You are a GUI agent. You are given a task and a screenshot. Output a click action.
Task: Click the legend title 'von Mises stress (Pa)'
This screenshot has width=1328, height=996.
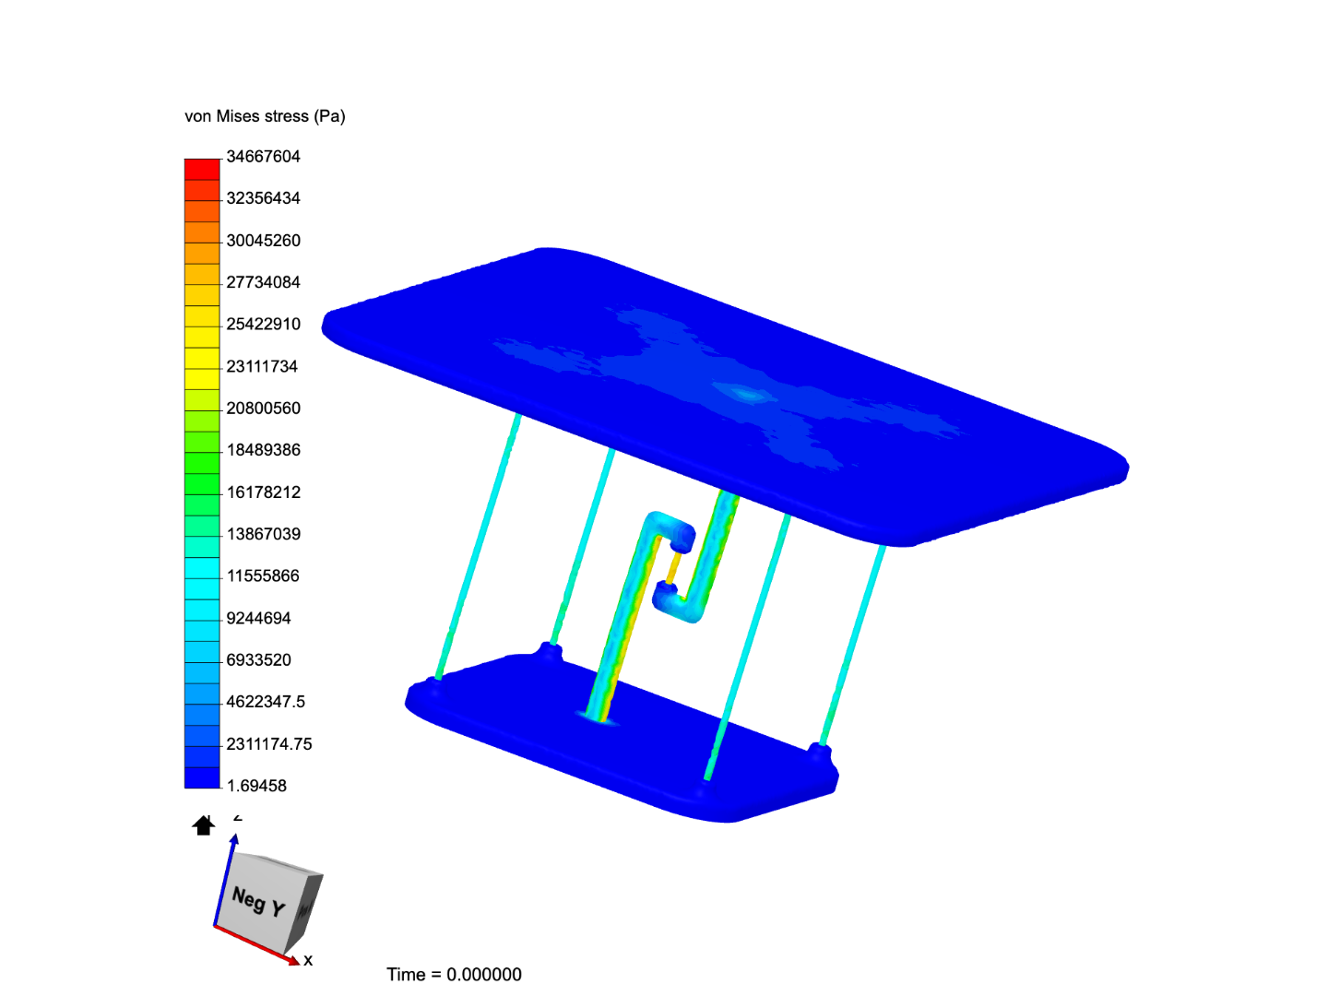pos(265,116)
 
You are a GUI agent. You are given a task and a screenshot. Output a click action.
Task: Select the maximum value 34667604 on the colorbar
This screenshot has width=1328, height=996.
pos(263,157)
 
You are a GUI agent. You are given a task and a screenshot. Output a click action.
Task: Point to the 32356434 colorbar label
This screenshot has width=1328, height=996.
pos(263,198)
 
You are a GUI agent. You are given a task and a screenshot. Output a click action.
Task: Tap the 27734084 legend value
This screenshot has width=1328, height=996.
pos(263,282)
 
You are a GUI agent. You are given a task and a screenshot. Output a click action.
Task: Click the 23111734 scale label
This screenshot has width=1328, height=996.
pos(262,366)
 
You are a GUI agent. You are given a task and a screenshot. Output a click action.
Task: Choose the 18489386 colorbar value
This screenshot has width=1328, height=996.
pos(263,450)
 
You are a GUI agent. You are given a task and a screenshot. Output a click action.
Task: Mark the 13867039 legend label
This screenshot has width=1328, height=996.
pos(263,534)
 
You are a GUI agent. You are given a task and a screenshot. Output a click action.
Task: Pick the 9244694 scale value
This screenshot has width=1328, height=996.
pos(258,618)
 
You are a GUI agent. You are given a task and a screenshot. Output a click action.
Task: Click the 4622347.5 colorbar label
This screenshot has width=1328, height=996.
pos(266,702)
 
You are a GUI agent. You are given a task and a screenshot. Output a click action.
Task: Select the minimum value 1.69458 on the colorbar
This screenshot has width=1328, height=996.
pos(256,786)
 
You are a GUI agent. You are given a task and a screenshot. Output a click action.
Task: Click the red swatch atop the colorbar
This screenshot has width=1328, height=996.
pos(202,170)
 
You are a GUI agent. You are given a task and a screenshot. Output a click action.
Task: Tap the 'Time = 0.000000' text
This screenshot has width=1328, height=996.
pos(454,975)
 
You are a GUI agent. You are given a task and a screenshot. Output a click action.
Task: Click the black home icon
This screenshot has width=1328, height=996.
pos(203,825)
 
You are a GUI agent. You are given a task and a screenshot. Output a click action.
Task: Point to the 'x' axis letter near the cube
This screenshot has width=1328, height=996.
pos(308,960)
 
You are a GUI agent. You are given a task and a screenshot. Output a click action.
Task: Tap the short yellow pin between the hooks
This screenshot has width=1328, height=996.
pos(672,567)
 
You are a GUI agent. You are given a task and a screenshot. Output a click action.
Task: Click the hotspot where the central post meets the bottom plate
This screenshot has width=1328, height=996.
pos(600,717)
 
